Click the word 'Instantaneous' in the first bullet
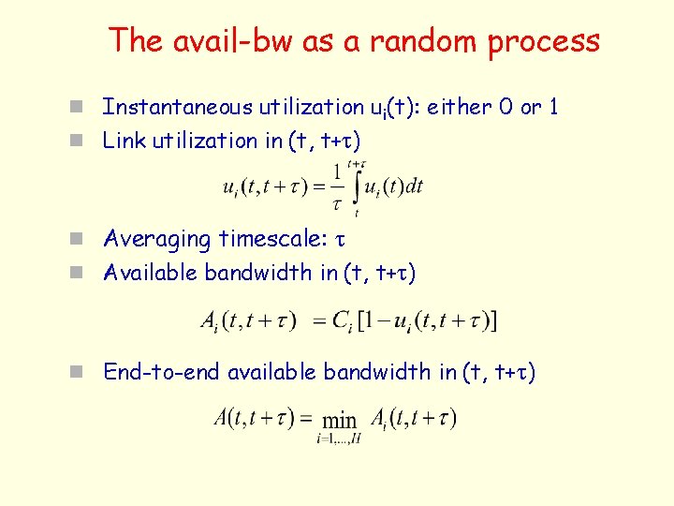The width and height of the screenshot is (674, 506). pyautogui.click(x=175, y=107)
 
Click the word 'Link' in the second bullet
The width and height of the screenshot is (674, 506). pyautogui.click(x=120, y=141)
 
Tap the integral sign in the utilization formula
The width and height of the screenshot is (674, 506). pyautogui.click(x=355, y=186)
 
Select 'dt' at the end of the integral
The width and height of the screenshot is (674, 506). pyautogui.click(x=413, y=186)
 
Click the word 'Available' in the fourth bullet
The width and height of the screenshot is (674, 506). pyautogui.click(x=151, y=273)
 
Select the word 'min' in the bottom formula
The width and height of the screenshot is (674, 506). pyautogui.click(x=339, y=420)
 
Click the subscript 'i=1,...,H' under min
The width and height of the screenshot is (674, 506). pyautogui.click(x=338, y=439)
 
